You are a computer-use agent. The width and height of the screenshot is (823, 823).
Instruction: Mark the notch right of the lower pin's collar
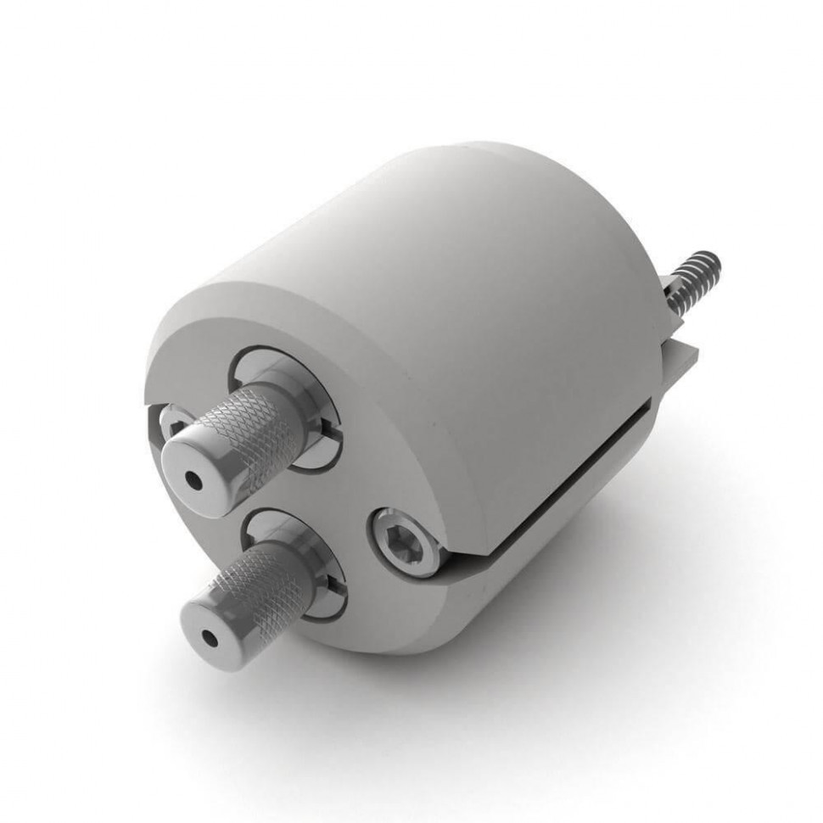[339, 585]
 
